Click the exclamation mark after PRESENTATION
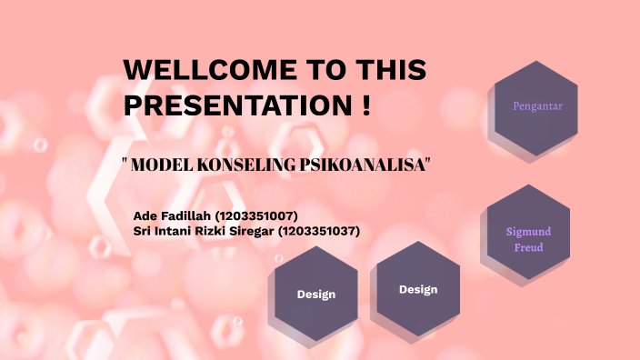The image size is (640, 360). (x=365, y=105)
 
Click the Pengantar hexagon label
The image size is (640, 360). (x=537, y=106)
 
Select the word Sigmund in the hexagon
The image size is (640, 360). (x=528, y=232)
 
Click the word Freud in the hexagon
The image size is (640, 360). (x=528, y=247)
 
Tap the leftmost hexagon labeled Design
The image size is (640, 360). (x=315, y=295)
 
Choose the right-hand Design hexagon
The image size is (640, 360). (x=418, y=290)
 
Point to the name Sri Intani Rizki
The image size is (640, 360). (x=176, y=231)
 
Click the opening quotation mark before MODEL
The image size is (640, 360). (x=124, y=164)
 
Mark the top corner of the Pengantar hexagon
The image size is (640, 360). (x=536, y=61)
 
